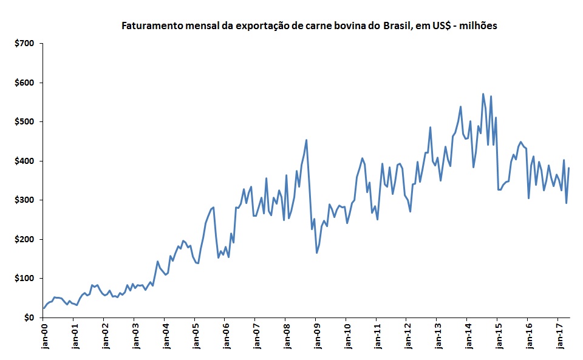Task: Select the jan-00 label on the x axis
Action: (44, 336)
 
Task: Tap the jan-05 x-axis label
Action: (195, 336)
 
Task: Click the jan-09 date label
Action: (316, 336)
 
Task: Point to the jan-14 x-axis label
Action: (468, 336)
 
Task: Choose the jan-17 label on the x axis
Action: (558, 336)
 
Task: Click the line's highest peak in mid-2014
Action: (483, 94)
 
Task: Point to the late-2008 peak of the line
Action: (306, 140)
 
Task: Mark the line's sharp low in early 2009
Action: (316, 253)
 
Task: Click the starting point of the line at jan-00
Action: (44, 308)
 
